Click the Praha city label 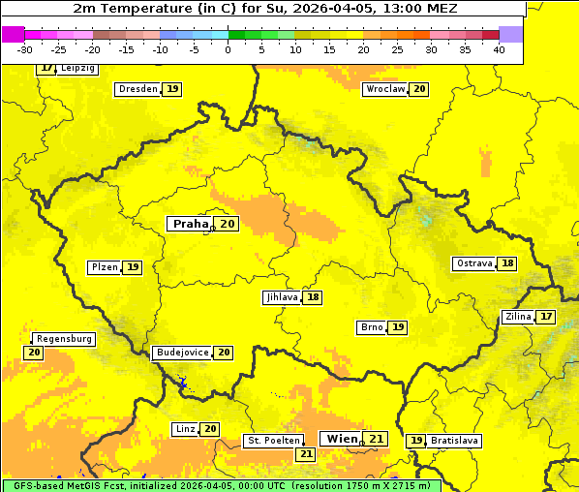click(x=190, y=224)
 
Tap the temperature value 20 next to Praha click(x=228, y=224)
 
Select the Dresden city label click(x=137, y=89)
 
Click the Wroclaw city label click(x=384, y=89)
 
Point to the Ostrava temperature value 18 click(x=507, y=263)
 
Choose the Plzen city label click(x=104, y=267)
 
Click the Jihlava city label click(x=281, y=297)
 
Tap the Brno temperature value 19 click(x=398, y=327)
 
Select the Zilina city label click(x=518, y=317)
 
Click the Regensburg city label click(x=64, y=339)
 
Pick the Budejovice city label click(x=181, y=353)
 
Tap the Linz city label click(x=185, y=429)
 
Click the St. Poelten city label click(x=273, y=441)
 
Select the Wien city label click(x=342, y=439)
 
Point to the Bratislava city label click(x=455, y=441)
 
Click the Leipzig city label click(x=77, y=69)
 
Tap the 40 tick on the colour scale click(x=499, y=49)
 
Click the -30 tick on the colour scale click(x=25, y=49)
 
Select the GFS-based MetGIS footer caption click(x=221, y=485)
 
